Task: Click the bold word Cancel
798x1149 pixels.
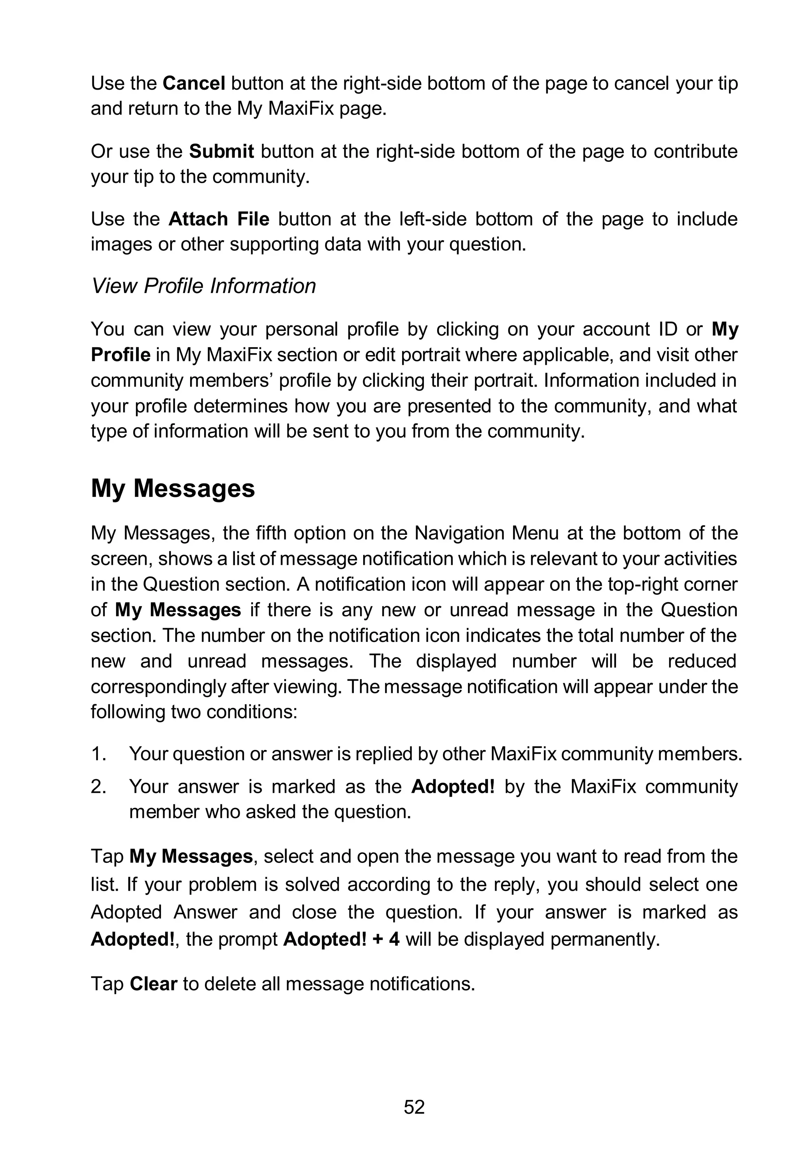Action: pyautogui.click(x=194, y=83)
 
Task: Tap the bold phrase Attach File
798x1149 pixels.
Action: pyautogui.click(x=219, y=219)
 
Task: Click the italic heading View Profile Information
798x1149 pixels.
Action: pyautogui.click(x=203, y=286)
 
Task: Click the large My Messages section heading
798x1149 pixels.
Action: pyautogui.click(x=173, y=488)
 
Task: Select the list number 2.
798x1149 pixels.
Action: pyautogui.click(x=98, y=787)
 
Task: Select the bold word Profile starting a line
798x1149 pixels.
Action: pyautogui.click(x=120, y=355)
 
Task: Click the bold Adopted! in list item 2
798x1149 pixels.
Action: pyautogui.click(x=452, y=787)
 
